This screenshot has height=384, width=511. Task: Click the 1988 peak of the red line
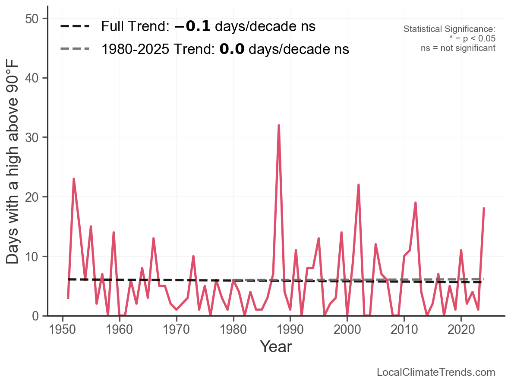[279, 126]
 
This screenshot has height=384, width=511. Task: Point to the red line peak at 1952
[74, 179]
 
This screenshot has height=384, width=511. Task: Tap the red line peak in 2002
[358, 185]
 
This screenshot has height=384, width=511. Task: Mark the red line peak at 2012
[415, 203]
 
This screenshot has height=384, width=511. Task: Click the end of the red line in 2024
[484, 209]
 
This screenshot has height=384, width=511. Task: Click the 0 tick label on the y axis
[38, 317]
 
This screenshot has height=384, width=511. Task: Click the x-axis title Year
[276, 347]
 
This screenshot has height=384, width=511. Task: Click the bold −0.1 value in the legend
[192, 27]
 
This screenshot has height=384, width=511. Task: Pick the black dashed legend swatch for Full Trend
[75, 27]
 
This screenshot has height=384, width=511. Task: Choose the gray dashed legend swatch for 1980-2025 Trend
[75, 49]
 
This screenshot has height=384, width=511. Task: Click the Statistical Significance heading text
[449, 29]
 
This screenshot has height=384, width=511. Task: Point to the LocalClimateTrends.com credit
[436, 372]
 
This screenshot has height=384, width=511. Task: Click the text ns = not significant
[458, 48]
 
